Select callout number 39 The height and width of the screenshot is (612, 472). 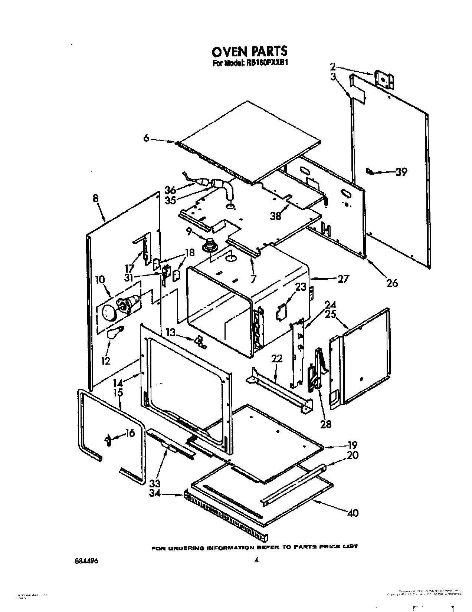(401, 172)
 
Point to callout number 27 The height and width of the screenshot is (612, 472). (343, 278)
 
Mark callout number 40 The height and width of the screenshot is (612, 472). (353, 513)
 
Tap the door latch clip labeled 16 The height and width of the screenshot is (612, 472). (108, 440)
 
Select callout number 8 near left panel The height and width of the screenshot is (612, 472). (96, 198)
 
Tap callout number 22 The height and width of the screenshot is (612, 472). (276, 359)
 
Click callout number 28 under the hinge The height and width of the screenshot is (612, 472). (325, 423)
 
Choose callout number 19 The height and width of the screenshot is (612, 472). (353, 444)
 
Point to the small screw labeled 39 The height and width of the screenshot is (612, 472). (369, 171)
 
